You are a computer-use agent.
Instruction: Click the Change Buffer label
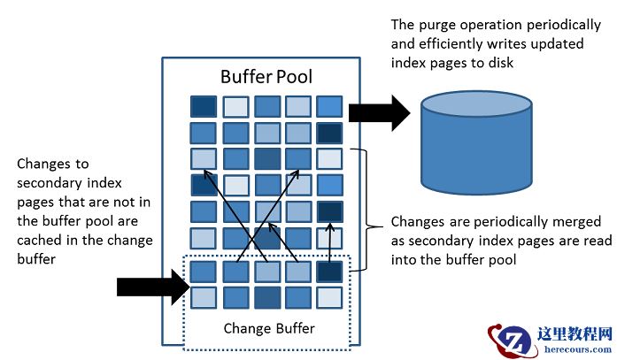269,328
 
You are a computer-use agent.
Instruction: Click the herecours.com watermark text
575,349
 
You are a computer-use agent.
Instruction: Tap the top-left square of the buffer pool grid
203,106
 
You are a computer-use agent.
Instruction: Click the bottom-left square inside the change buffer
203,297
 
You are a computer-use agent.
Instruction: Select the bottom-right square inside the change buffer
329,297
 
